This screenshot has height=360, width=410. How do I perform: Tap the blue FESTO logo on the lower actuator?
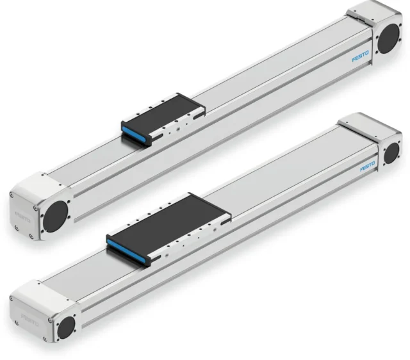point(368,167)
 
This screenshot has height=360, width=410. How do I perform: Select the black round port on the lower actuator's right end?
point(391,152)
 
